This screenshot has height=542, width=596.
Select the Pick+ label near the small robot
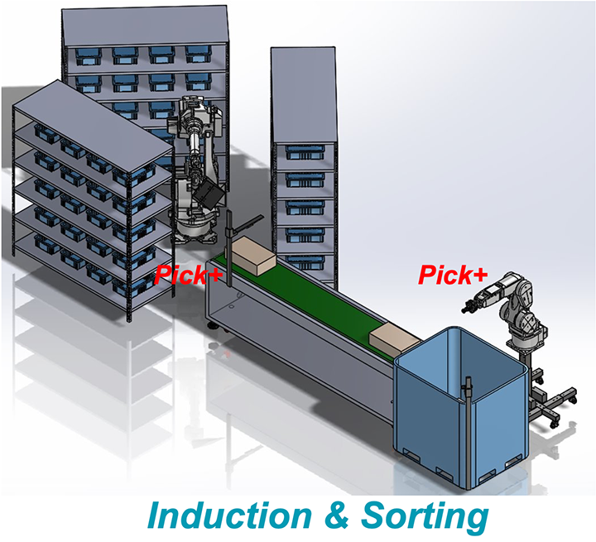[453, 274]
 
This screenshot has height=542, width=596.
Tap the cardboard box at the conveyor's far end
[253, 257]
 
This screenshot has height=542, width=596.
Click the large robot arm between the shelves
[197, 157]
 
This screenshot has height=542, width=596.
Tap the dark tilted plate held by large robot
[212, 196]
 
